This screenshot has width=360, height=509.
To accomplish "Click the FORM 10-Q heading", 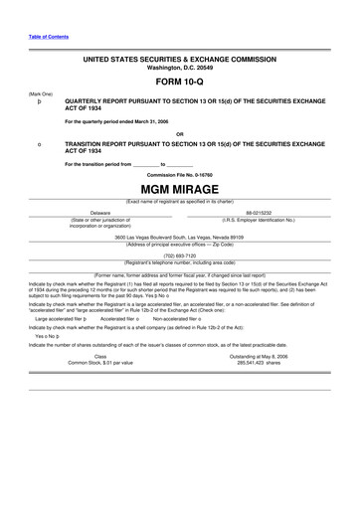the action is tap(179, 83).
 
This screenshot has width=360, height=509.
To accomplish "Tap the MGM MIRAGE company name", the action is tap(179, 189).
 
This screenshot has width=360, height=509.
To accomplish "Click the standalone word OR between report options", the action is tap(179, 133).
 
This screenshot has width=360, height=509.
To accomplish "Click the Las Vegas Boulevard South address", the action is tap(179, 238).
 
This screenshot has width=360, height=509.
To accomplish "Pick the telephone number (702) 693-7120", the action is tap(179, 255).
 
